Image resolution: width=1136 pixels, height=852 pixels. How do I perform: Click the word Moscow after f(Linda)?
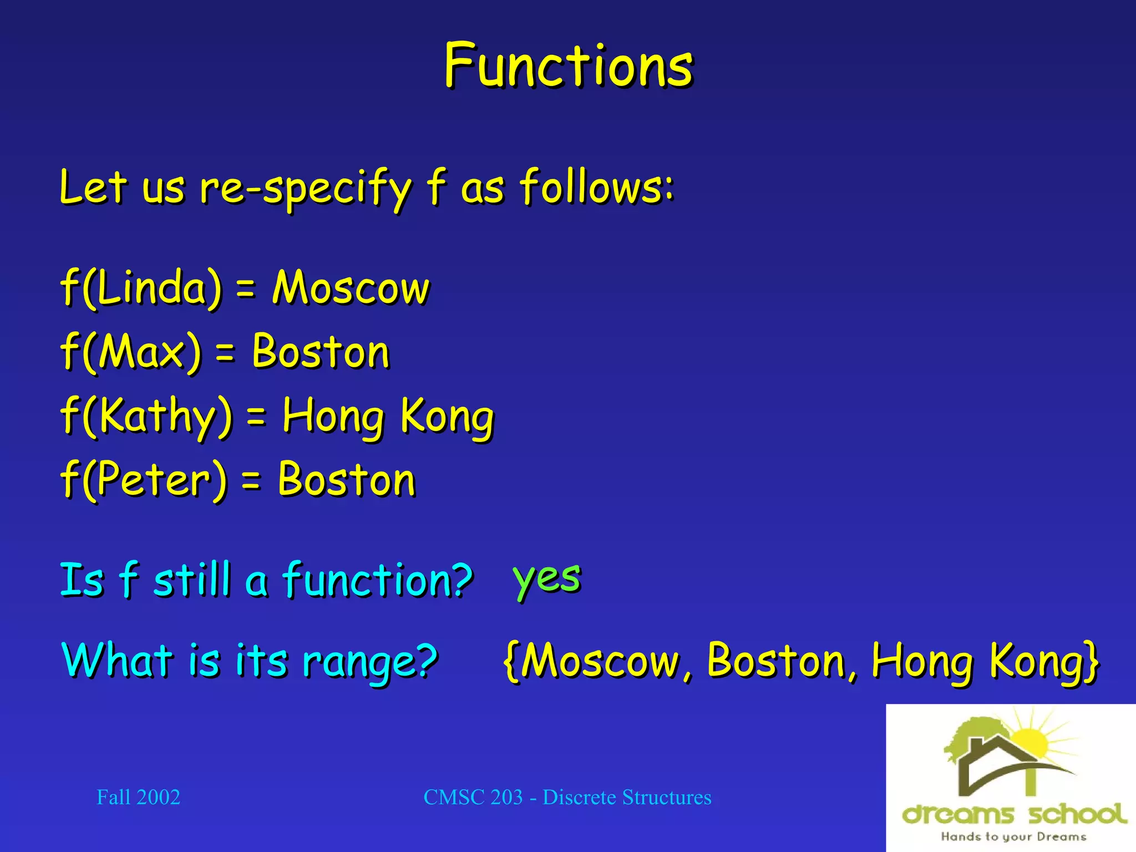[x=351, y=288]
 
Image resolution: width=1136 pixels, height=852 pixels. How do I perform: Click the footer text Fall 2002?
[x=138, y=797]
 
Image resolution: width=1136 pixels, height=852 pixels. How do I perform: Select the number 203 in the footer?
[x=506, y=797]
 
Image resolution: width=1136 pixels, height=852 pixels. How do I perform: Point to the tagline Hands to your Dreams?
[x=1013, y=836]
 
